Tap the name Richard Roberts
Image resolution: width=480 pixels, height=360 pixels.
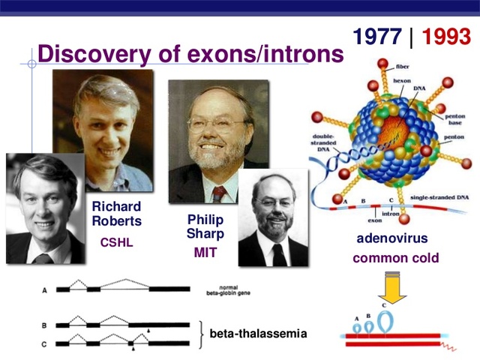point(116,214)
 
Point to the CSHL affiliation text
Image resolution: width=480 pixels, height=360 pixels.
point(116,243)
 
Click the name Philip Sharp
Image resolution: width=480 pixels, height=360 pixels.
point(205,226)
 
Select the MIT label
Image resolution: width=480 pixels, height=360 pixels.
point(205,253)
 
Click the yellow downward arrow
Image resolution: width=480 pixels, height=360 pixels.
point(392,289)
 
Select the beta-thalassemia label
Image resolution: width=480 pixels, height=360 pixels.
point(258,333)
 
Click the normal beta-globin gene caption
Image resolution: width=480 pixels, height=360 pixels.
point(233,290)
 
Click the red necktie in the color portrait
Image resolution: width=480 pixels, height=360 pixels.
point(218,194)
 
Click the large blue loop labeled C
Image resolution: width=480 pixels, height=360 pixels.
point(385,320)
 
